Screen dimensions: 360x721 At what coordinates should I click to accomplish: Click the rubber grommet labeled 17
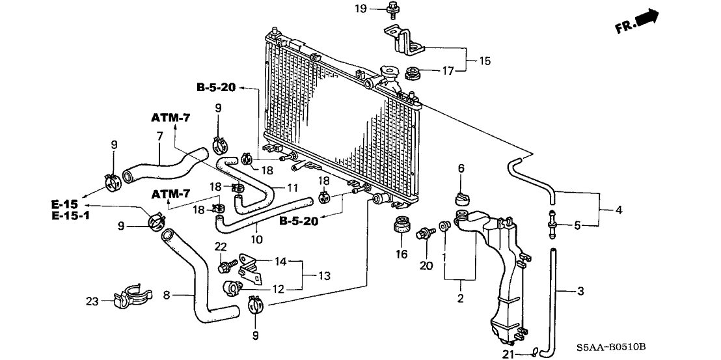point(412,72)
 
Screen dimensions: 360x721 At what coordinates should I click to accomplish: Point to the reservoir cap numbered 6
point(462,199)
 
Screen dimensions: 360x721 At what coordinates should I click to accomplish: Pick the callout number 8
point(167,296)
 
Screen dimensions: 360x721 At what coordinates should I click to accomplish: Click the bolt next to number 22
point(225,267)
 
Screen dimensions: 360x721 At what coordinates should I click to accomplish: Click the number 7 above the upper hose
point(159,135)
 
